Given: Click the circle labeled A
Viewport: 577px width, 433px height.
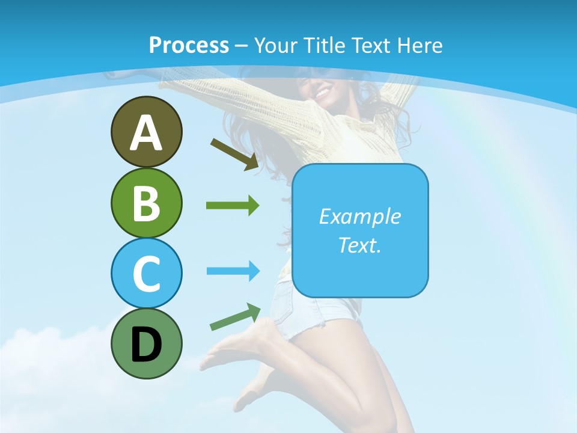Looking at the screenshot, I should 146,132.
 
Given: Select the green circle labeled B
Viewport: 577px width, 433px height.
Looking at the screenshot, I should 146,203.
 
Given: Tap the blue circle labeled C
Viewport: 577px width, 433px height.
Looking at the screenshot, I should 146,273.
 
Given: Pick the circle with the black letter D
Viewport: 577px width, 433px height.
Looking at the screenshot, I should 146,343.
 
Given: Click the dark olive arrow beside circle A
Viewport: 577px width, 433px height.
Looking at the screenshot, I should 235,154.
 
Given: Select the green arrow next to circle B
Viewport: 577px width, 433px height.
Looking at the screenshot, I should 233,206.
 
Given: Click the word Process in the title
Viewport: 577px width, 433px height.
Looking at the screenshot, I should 189,45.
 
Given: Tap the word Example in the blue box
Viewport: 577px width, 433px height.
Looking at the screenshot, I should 359,216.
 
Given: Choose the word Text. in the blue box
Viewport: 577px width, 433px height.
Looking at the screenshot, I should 359,245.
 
